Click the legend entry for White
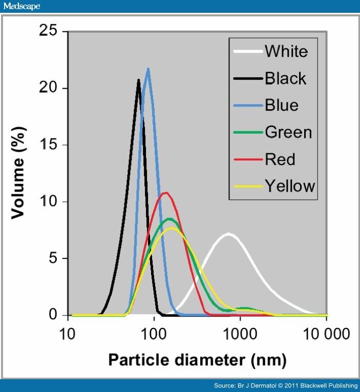(286, 51)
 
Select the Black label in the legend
(285, 78)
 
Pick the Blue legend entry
(281, 106)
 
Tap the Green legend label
(288, 132)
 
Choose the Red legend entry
(280, 159)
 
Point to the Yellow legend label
(289, 186)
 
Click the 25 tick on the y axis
(50, 32)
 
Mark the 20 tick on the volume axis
(50, 88)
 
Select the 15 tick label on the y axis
(50, 145)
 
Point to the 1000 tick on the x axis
(239, 335)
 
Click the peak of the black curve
(138, 80)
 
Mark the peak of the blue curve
(148, 69)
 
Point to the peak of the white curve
(228, 234)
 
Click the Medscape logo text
(22, 6)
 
